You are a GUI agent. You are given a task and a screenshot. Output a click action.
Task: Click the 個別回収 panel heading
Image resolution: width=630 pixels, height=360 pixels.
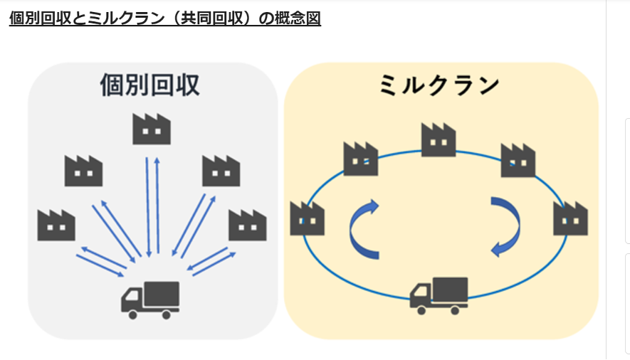150,85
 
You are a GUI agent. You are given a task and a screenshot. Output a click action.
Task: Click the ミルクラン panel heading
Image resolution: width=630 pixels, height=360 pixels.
439,85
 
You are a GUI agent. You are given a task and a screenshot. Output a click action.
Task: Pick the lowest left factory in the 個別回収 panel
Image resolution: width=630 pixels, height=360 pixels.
56,224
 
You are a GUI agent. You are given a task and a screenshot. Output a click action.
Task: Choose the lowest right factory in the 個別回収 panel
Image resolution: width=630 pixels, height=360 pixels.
247,224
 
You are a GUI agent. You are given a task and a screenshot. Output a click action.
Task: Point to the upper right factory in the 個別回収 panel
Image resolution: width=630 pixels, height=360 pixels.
221,171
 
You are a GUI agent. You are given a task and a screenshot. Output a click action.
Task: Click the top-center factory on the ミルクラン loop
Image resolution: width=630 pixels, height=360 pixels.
439,141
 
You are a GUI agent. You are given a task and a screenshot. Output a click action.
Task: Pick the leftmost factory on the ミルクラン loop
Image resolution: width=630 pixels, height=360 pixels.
308,219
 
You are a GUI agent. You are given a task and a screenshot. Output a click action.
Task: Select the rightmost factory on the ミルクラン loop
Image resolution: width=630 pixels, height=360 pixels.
571,219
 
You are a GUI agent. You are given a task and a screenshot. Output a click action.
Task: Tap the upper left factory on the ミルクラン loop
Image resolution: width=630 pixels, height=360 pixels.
361,159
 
